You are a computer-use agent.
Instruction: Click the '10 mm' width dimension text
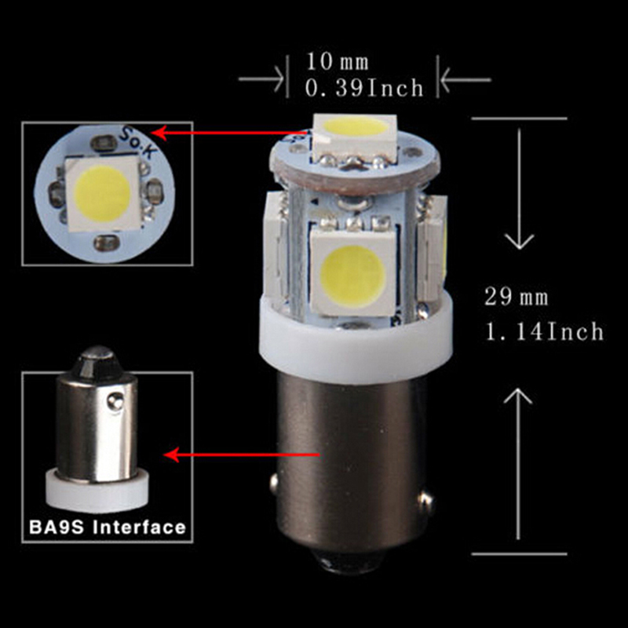[x=338, y=62]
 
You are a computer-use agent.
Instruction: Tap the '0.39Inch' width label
[x=364, y=88]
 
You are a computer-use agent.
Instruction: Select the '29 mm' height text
[x=516, y=297]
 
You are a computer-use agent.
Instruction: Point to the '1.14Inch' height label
[x=544, y=331]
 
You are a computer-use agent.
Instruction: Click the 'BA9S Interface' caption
[x=108, y=527]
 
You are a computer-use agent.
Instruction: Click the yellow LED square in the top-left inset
[x=104, y=194]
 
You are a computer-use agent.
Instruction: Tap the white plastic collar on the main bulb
[x=356, y=338]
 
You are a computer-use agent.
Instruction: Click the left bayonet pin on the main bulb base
[x=274, y=484]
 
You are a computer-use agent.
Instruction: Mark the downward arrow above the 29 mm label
[x=520, y=189]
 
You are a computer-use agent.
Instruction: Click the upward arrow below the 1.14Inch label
[x=518, y=464]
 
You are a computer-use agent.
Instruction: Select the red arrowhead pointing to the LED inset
[x=160, y=132]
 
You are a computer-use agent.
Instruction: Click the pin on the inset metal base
[x=115, y=400]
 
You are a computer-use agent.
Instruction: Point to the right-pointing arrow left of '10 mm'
[x=261, y=79]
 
